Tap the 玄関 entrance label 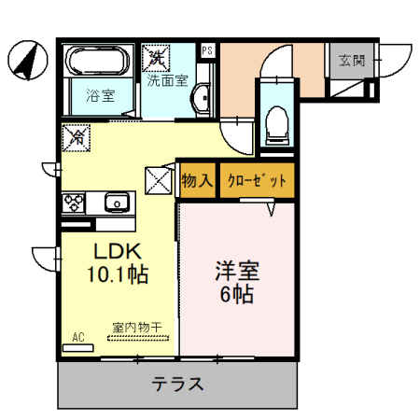[352, 62]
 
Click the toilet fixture [276, 122]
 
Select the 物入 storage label [197, 181]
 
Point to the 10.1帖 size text [118, 275]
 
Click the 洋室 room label [237, 272]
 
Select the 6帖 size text [237, 295]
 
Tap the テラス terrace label [178, 385]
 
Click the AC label [77, 337]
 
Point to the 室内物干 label [137, 327]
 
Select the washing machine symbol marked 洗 [155, 58]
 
